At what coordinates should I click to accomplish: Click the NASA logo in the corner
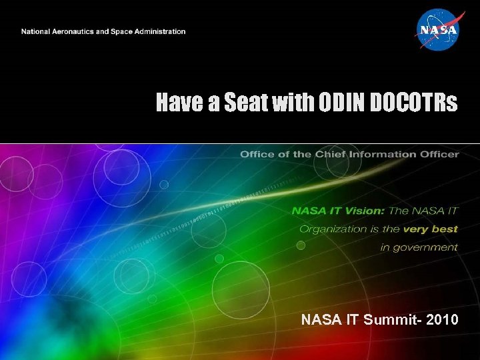437,30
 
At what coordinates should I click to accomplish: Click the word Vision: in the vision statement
363,211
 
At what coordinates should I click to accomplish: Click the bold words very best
431,229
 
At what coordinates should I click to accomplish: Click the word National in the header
35,31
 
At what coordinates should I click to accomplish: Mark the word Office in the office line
256,155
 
